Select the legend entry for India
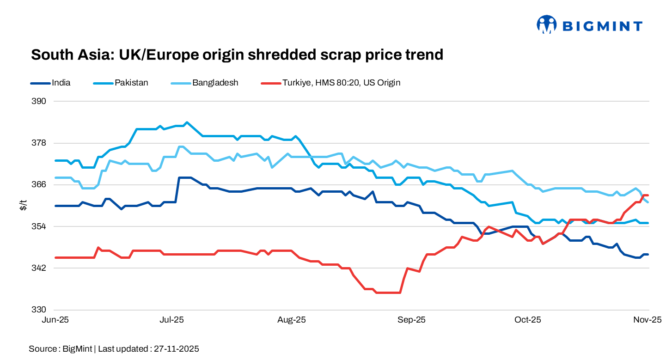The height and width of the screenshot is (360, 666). (61, 83)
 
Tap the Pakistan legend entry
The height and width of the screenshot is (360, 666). (132, 83)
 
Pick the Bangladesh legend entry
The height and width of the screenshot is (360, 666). (215, 83)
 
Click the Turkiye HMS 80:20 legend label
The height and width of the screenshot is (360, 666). (342, 83)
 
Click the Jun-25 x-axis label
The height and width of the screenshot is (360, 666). (55, 320)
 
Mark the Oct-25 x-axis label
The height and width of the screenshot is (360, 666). (528, 320)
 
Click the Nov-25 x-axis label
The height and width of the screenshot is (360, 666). (648, 320)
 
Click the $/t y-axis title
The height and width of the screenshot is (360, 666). (23, 206)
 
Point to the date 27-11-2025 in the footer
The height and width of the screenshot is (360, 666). (175, 349)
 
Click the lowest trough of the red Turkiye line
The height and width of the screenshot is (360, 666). (388, 293)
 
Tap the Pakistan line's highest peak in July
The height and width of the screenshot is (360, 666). (186, 122)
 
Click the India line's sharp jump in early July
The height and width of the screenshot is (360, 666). (178, 189)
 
